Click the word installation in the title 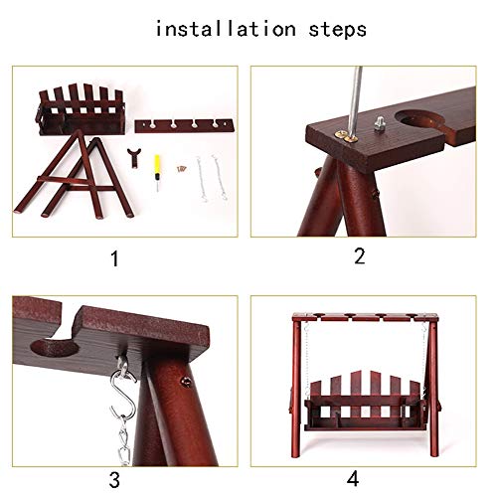click(226, 29)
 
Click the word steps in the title click(337, 30)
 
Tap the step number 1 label click(114, 258)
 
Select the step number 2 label click(359, 256)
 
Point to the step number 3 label click(114, 480)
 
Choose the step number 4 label click(353, 479)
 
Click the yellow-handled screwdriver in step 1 click(157, 172)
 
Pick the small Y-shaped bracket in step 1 click(134, 158)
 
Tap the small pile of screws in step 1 click(181, 169)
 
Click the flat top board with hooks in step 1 click(184, 126)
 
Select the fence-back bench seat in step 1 click(81, 110)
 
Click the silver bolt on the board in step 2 click(380, 123)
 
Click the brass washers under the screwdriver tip click(346, 136)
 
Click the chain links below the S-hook click(123, 437)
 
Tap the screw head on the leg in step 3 click(187, 382)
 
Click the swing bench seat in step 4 click(365, 402)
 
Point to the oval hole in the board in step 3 click(55, 348)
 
